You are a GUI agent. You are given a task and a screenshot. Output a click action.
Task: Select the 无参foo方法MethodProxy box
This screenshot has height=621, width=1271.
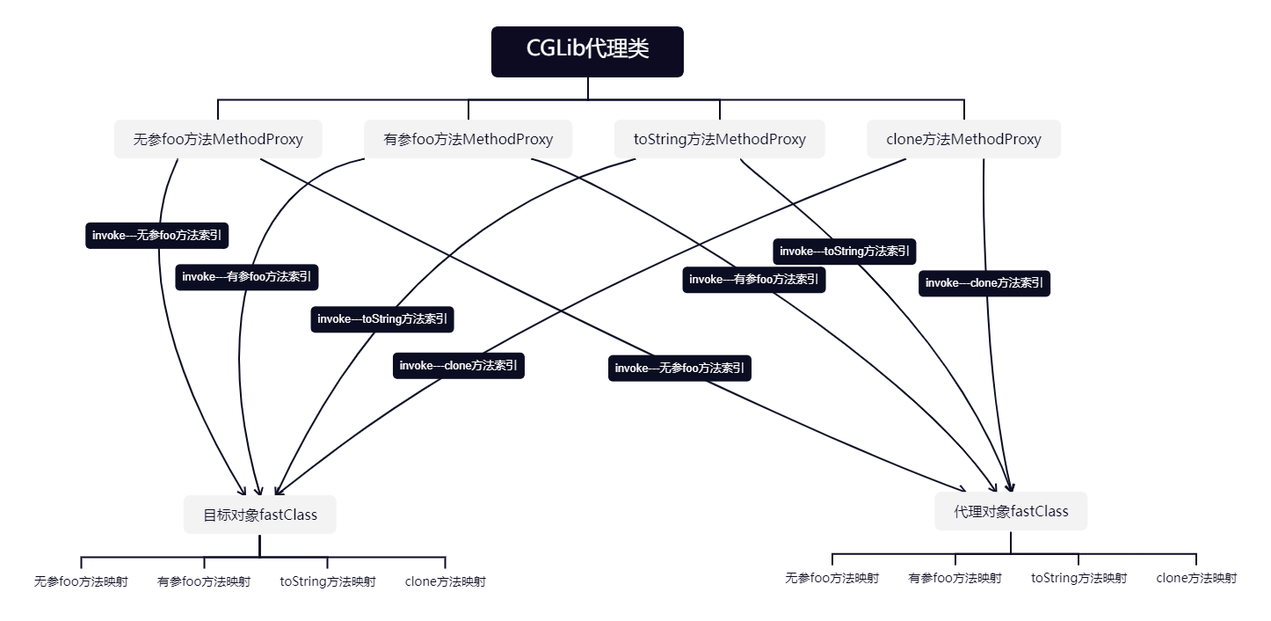218,139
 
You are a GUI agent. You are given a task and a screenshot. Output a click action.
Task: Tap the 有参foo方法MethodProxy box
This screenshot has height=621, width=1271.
468,139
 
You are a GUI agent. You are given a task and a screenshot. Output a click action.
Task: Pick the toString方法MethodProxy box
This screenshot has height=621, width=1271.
719,139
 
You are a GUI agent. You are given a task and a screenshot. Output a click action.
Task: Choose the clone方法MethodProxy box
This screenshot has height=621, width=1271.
963,139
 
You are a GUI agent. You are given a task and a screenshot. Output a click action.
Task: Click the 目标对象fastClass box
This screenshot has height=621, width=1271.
260,515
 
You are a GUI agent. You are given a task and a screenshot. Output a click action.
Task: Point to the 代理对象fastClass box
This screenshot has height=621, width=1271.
1011,511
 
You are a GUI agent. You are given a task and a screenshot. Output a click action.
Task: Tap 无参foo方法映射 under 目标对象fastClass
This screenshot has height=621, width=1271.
81,581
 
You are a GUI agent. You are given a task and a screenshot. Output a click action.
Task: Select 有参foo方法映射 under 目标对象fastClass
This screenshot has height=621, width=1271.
204,581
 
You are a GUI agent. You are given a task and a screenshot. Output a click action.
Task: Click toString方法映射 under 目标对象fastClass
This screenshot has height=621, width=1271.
328,581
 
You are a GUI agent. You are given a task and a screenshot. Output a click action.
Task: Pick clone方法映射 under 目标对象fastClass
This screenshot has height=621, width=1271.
445,581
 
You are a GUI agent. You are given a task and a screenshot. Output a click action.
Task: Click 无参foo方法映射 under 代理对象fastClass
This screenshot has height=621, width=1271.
832,578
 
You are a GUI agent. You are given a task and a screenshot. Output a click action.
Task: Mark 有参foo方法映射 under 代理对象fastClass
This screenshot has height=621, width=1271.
955,578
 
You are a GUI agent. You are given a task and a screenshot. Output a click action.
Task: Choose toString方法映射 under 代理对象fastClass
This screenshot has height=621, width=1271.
1079,578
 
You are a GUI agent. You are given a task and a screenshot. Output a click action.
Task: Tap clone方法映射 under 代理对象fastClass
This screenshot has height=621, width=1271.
1196,578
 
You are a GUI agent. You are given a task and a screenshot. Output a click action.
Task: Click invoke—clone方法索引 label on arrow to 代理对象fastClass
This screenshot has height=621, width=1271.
984,283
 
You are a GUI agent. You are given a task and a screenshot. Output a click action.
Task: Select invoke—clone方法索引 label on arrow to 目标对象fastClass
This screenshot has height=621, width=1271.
459,366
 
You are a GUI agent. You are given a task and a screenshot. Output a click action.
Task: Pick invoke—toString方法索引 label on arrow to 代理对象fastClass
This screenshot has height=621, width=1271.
845,252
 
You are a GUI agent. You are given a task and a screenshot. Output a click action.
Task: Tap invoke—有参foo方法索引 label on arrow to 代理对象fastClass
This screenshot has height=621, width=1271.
754,280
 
